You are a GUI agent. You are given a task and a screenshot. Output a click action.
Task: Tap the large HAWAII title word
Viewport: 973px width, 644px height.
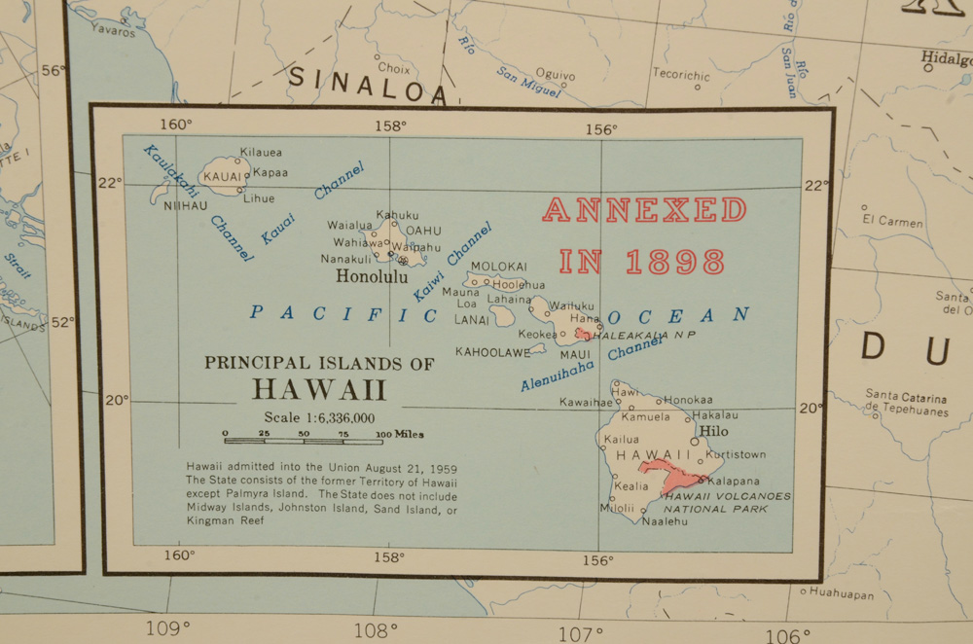319,390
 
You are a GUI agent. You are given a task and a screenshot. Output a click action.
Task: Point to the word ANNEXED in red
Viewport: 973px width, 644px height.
644,210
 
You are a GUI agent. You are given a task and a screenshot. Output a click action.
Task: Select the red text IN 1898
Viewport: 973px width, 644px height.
642,262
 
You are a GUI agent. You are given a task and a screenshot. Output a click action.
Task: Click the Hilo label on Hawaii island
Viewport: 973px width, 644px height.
714,432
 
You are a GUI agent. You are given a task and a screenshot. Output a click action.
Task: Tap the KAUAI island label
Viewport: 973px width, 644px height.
221,176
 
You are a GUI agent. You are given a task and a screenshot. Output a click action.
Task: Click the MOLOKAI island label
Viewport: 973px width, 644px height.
498,267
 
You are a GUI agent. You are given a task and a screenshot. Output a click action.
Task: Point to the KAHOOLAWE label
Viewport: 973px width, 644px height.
493,352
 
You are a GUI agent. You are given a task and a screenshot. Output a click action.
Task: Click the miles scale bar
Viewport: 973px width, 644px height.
306,441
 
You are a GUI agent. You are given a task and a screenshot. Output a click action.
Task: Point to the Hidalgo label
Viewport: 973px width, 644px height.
947,59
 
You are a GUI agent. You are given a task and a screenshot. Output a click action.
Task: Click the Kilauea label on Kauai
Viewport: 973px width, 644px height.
261,153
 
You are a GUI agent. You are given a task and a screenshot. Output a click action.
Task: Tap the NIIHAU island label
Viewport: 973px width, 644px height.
186,206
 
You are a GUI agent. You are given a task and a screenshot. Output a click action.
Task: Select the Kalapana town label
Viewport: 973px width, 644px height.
734,481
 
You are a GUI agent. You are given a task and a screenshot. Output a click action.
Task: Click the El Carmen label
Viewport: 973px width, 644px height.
892,221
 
